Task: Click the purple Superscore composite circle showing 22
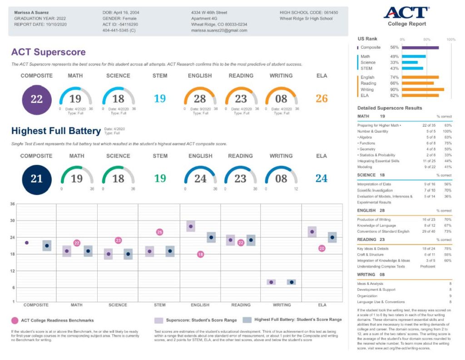36,99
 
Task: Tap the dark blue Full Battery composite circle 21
36,179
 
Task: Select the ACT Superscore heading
48,52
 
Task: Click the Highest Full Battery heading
56,131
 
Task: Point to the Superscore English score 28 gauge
200,98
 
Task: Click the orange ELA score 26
322,99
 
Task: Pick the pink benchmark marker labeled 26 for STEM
160,232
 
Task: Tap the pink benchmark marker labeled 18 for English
200,255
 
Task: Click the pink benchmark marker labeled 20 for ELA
322,249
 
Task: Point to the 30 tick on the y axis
13,220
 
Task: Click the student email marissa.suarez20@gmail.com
219,30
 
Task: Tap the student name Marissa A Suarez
32,12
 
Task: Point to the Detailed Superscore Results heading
390,108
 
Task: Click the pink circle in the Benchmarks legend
15,320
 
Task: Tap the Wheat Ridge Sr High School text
306,19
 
